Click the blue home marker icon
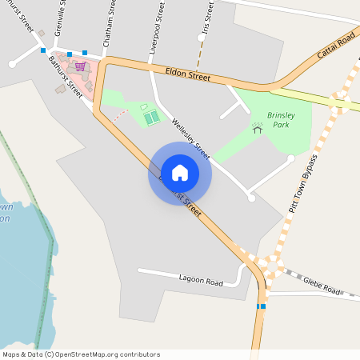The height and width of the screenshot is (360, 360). click(x=179, y=173)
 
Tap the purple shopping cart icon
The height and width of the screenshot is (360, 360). click(x=80, y=66)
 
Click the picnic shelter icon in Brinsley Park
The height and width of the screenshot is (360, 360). click(x=258, y=126)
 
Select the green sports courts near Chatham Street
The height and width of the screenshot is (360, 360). click(x=151, y=117)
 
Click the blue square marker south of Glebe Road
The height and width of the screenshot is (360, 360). click(x=262, y=306)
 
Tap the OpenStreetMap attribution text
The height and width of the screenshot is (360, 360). click(x=81, y=354)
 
